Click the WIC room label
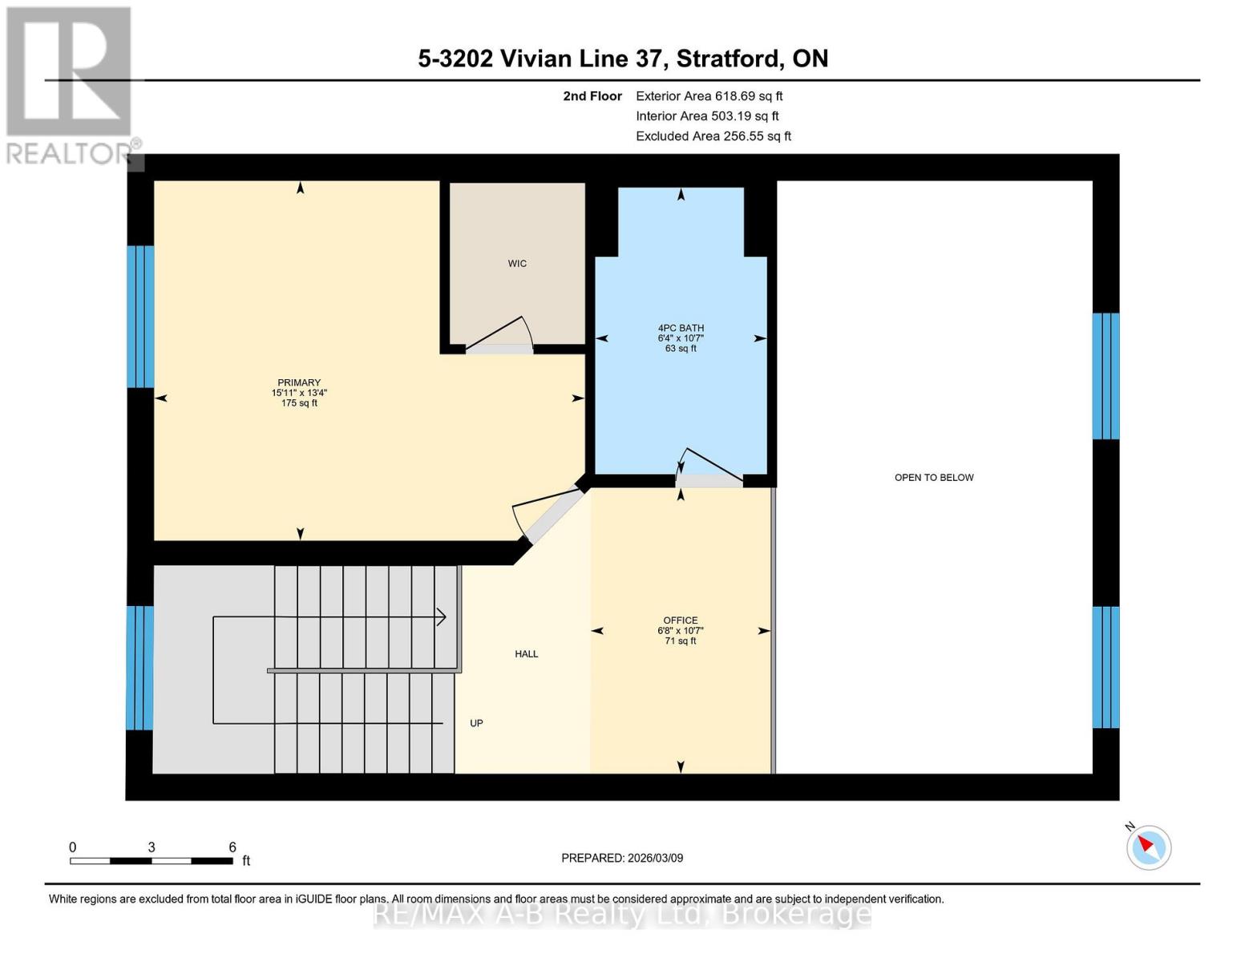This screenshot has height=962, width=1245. (x=517, y=264)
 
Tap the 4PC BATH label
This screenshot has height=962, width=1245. (x=681, y=329)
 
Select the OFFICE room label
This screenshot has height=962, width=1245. (x=681, y=620)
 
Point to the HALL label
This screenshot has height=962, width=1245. (x=526, y=653)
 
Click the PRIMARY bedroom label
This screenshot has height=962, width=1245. (x=299, y=382)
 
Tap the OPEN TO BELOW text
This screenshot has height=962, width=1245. (x=934, y=477)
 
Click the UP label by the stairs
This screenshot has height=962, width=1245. (x=476, y=723)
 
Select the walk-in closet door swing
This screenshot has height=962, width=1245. (x=499, y=334)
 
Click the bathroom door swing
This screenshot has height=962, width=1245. (x=709, y=467)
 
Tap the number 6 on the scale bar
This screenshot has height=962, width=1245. (x=232, y=847)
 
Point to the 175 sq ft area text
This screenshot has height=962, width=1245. (x=299, y=403)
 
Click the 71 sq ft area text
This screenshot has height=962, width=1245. (x=681, y=641)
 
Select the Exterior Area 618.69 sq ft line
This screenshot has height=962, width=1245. (x=709, y=96)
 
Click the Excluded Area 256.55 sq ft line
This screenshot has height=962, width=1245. (x=713, y=136)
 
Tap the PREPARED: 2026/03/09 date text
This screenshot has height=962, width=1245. (x=622, y=858)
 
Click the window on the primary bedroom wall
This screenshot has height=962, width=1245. (x=140, y=317)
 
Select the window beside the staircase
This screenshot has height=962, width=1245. (x=139, y=668)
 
